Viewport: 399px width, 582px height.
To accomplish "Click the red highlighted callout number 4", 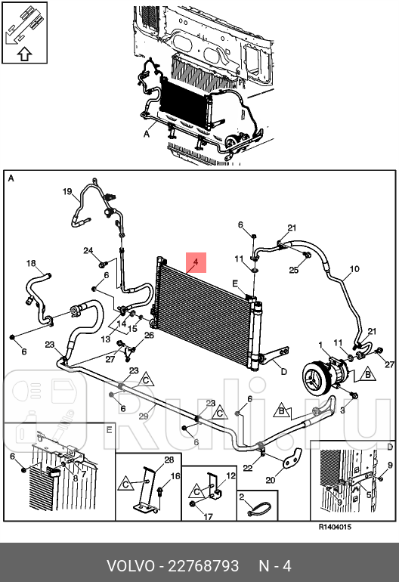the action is tap(196, 262).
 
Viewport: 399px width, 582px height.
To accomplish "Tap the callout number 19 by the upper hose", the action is tap(67, 191).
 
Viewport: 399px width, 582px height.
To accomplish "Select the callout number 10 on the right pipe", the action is tap(354, 269).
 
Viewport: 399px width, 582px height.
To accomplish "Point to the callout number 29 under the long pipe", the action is tap(144, 416).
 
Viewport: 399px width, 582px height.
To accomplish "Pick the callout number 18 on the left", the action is tap(31, 263).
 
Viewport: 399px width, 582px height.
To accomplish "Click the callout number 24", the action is tap(88, 250).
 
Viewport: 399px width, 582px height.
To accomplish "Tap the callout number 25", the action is tap(294, 270).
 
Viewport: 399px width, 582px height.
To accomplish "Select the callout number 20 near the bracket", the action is tap(271, 480).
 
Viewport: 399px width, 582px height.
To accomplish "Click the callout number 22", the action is tap(248, 468).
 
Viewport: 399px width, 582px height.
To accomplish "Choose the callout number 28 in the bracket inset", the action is tap(169, 460).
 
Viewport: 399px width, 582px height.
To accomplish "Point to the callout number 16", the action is tap(175, 476).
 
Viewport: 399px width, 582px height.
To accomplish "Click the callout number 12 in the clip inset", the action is tap(231, 475).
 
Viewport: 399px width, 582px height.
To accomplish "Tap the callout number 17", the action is tap(209, 517).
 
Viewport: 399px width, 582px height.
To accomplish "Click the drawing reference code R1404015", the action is tap(336, 527).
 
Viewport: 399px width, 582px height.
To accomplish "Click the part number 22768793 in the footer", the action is tap(203, 566).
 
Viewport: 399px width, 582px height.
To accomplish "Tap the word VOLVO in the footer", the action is tap(131, 566).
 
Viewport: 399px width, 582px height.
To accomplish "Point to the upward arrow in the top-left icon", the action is tap(24, 54).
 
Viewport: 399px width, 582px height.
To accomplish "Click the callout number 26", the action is tap(149, 335).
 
